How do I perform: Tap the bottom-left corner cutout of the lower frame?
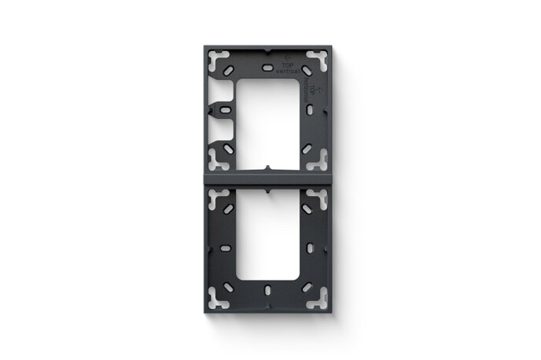pyautogui.click(x=219, y=298)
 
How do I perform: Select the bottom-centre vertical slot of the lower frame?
pyautogui.click(x=269, y=289)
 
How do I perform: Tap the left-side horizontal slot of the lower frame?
pyautogui.click(x=225, y=248)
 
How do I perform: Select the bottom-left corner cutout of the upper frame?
pyautogui.click(x=219, y=161)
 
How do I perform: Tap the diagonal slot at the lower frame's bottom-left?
pyautogui.click(x=229, y=288)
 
